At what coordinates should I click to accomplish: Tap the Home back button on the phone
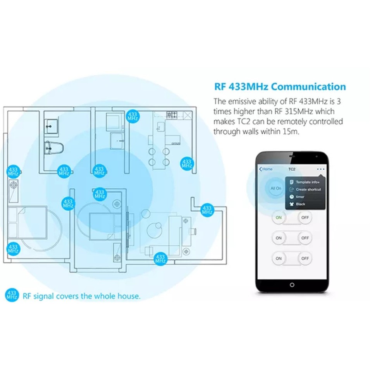coord(266,169)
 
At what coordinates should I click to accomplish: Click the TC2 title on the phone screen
coord(292,169)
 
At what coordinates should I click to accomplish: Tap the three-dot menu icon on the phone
coord(320,169)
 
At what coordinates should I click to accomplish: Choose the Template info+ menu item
coord(307,182)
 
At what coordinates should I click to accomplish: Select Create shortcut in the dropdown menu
coord(308,189)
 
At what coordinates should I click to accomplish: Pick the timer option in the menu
coord(300,197)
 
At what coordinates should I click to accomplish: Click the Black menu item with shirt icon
coord(300,204)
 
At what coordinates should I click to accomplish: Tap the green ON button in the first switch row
coord(279,218)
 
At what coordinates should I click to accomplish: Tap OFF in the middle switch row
coord(305,238)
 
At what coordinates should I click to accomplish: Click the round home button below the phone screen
coord(292,285)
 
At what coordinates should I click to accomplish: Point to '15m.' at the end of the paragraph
coord(292,131)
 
